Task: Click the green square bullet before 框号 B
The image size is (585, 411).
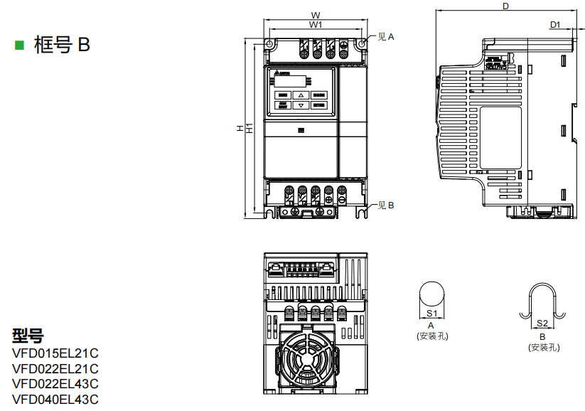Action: point(20,45)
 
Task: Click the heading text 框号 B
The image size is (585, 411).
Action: point(62,45)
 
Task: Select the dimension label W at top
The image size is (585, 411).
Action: point(316,15)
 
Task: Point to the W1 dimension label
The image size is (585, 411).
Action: point(316,25)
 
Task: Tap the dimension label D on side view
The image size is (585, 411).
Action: point(505,6)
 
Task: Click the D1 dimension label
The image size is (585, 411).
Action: point(556,25)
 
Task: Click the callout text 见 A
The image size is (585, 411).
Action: point(385,36)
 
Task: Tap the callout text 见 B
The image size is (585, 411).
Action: point(385,205)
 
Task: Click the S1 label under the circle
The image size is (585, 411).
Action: point(431,313)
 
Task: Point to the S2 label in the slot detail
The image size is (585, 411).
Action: point(542,324)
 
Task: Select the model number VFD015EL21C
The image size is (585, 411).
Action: point(55,353)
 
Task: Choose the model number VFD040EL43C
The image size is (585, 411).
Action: point(55,400)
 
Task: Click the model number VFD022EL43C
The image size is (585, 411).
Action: point(55,384)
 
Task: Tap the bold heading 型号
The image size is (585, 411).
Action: point(28,336)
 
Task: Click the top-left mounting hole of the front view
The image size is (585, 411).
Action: point(271,44)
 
